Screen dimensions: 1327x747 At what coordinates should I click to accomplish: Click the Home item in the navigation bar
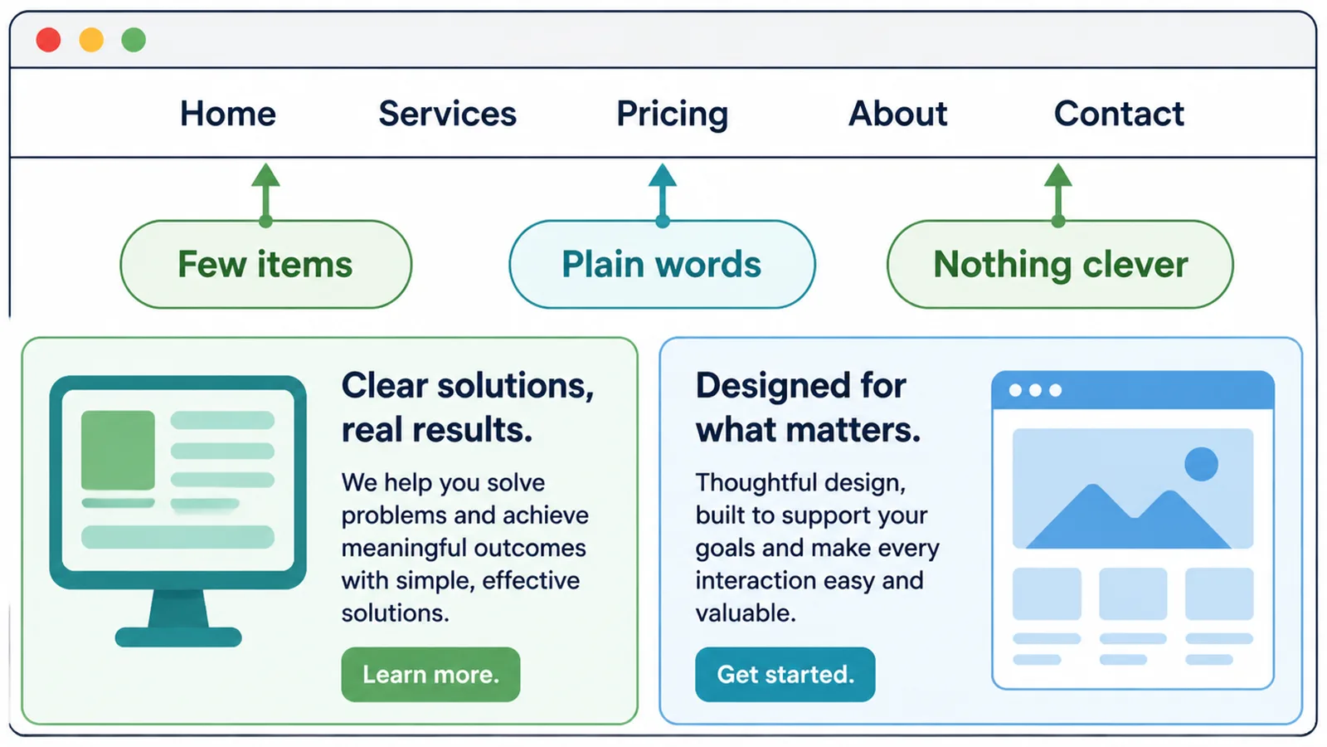click(228, 113)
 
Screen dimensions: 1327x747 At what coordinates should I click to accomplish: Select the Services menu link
click(447, 113)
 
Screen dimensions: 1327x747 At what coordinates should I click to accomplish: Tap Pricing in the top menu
click(673, 115)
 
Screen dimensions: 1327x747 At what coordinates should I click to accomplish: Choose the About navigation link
click(897, 113)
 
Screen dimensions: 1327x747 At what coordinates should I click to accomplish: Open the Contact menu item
click(1119, 113)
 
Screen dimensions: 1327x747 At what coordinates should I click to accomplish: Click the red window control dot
click(49, 40)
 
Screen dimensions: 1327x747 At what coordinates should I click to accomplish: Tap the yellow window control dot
click(91, 40)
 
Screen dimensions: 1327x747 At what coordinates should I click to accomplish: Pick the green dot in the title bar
click(134, 40)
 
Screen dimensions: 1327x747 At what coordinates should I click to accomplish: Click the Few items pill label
click(266, 264)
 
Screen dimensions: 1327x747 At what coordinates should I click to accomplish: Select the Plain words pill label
click(663, 264)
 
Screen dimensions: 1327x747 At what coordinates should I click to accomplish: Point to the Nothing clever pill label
click(1061, 264)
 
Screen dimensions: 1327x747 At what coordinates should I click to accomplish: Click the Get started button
click(785, 674)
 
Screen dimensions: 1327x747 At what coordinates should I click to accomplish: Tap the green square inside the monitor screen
click(118, 450)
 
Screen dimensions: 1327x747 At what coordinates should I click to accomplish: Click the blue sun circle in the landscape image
click(1202, 464)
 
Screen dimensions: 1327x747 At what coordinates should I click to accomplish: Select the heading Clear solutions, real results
click(468, 408)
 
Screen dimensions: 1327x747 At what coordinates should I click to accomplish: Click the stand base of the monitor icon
click(178, 637)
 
